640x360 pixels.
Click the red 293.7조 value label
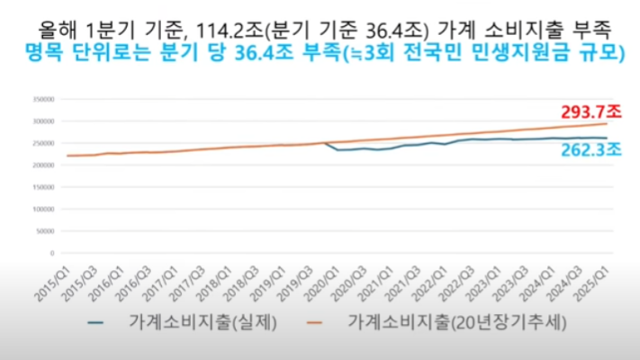tap(588, 112)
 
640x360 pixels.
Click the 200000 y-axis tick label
tap(41, 165)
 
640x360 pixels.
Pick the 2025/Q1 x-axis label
tap(599, 273)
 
